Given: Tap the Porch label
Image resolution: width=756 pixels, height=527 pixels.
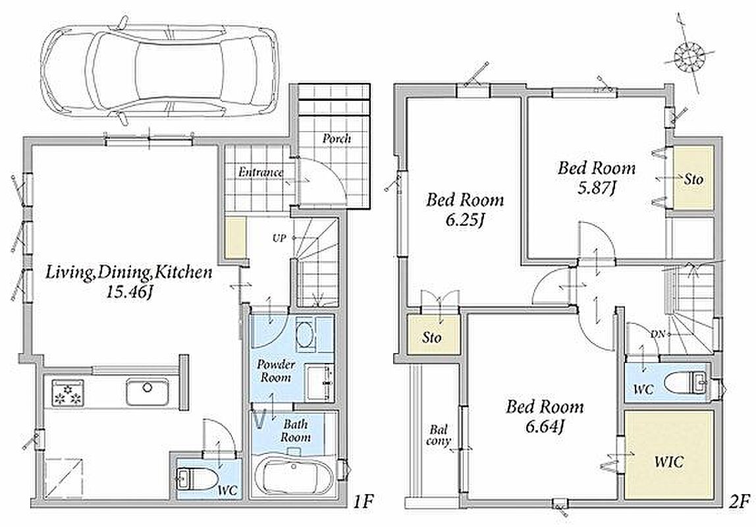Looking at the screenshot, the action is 337,139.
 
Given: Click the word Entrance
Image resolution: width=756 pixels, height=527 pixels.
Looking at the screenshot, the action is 261,172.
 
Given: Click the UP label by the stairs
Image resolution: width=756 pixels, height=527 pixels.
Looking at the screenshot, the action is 279,238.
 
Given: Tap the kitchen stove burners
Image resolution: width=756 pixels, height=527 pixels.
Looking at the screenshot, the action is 67,391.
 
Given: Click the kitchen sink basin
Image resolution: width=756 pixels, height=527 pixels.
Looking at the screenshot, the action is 148,392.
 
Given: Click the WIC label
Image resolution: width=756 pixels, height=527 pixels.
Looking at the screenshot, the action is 668,462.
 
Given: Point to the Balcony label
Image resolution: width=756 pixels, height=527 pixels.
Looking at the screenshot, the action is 439,434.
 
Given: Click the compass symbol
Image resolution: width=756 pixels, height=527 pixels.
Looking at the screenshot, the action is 688,56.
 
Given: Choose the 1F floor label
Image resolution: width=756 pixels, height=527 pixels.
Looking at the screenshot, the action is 362,503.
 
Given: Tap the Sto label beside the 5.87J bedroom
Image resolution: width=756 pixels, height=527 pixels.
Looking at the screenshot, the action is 693,179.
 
